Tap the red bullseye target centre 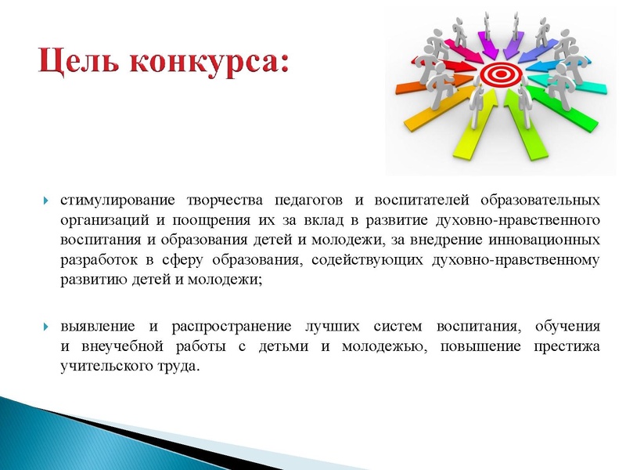(x=498, y=75)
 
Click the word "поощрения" (x=185, y=217)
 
